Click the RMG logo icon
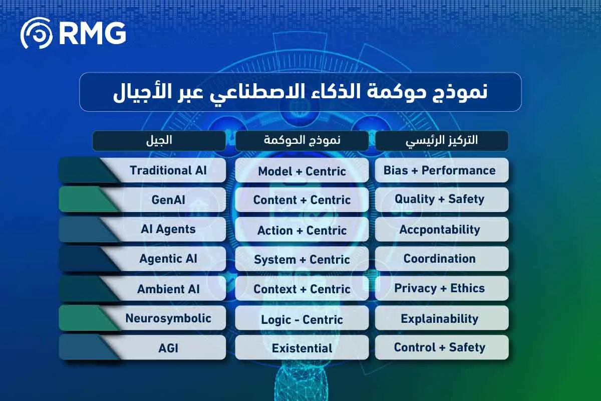(36, 33)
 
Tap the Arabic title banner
(300, 92)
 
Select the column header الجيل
(159, 140)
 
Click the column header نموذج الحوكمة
(302, 140)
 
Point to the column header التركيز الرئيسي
(441, 140)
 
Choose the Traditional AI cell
(168, 170)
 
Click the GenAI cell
(168, 199)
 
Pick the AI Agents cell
(168, 229)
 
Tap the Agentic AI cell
(168, 259)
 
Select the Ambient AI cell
(168, 289)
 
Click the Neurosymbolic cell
(168, 318)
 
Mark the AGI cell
(168, 348)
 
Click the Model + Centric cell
(302, 171)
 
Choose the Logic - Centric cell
(302, 319)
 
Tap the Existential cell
(302, 348)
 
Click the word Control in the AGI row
(414, 347)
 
